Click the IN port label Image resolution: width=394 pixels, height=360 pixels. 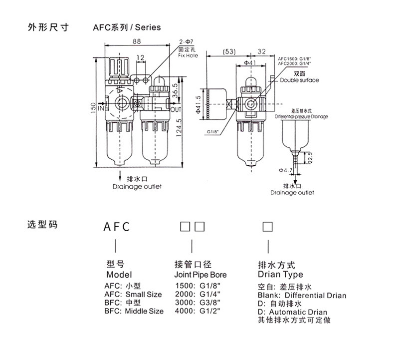coord(101,107)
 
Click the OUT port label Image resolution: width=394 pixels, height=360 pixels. coord(176,109)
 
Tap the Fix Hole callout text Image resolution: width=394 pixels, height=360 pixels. coord(188,55)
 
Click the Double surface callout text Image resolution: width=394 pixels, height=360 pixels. coord(299,80)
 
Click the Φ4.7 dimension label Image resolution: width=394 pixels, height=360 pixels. coord(286,170)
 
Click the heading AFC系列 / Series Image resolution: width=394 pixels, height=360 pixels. coord(127,28)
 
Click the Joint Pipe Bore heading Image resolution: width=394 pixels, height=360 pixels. coord(200,275)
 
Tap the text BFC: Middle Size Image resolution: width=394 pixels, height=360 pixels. coord(134,311)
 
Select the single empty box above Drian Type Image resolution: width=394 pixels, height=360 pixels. coord(267,227)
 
